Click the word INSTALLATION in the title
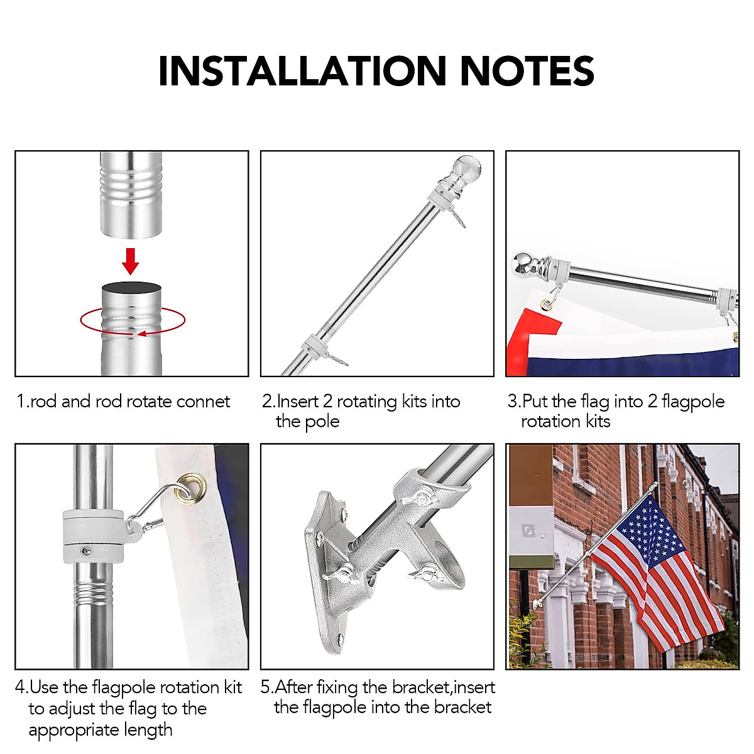pos(302,71)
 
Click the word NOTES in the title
pos(527,71)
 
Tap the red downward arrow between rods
pos(130,261)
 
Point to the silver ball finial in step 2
pos(467,168)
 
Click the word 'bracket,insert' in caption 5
pos(443,687)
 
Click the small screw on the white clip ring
pos(85,551)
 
